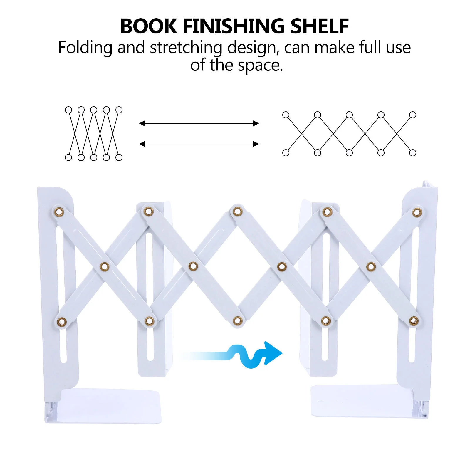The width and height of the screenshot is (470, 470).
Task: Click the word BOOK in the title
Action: [x=149, y=26]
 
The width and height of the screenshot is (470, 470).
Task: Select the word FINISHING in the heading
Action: [x=234, y=26]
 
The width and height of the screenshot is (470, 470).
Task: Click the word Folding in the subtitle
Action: [x=85, y=48]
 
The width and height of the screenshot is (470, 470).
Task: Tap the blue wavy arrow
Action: [x=253, y=355]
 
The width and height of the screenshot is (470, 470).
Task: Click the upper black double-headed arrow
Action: [x=199, y=123]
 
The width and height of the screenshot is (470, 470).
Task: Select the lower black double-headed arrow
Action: [x=199, y=144]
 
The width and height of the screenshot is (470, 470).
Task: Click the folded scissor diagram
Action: [x=93, y=134]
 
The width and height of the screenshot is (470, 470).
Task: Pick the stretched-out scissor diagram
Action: [x=349, y=134]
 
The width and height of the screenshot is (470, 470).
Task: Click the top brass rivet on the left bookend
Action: [x=59, y=211]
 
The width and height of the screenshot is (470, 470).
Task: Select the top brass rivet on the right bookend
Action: [x=417, y=212]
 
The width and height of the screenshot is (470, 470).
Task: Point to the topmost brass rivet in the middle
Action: [x=237, y=211]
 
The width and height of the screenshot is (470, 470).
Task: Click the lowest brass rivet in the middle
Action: [x=238, y=321]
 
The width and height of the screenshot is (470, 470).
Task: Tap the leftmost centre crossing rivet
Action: [x=105, y=267]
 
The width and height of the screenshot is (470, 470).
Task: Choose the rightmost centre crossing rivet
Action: [x=371, y=267]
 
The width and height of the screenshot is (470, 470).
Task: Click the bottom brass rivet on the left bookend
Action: [x=61, y=322]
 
